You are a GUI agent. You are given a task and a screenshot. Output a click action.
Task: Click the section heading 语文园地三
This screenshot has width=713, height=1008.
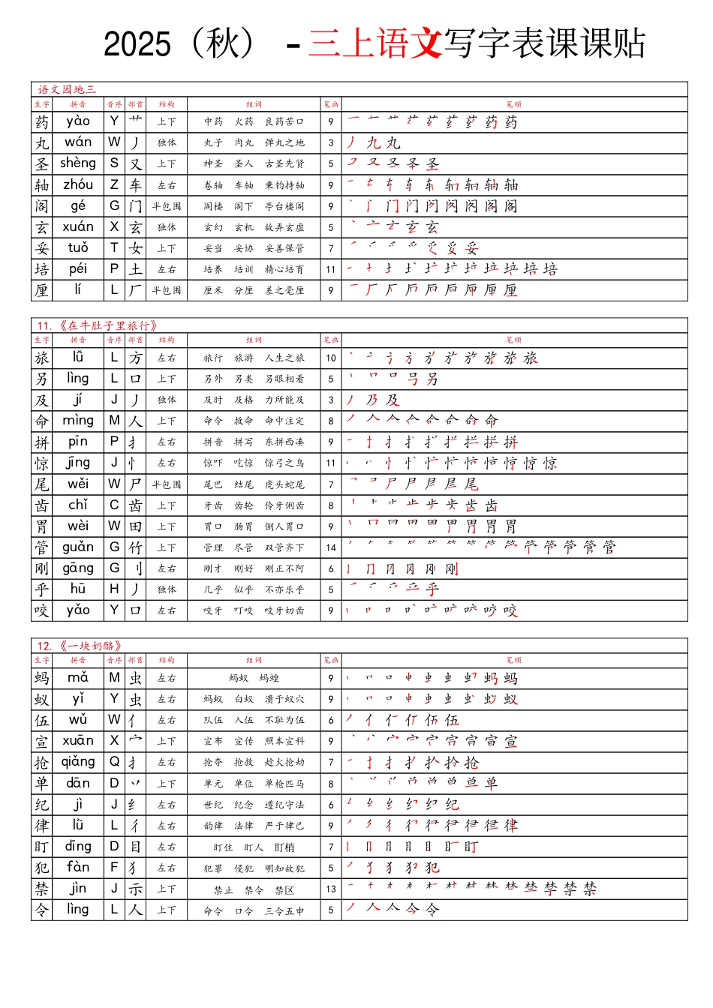67,89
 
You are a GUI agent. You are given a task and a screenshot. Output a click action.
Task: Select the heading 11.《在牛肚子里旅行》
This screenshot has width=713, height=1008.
98,325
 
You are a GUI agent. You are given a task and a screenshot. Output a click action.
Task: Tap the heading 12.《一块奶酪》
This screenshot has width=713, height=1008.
80,646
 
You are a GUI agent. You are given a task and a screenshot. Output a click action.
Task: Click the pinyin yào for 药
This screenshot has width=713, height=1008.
78,121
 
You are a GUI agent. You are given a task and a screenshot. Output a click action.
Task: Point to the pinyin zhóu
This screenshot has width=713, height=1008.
78,184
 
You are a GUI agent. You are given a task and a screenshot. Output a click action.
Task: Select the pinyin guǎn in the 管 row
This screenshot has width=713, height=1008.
78,547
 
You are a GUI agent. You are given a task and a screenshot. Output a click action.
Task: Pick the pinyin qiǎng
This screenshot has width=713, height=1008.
78,762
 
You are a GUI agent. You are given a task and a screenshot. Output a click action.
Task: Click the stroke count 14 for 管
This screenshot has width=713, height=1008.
331,547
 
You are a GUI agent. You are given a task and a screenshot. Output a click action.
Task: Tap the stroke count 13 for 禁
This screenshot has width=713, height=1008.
331,889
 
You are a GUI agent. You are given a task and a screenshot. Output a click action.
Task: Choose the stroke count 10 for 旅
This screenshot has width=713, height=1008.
331,358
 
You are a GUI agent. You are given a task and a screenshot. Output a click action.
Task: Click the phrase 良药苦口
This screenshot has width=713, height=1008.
284,121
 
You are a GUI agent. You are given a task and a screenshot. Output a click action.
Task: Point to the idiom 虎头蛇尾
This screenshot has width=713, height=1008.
284,484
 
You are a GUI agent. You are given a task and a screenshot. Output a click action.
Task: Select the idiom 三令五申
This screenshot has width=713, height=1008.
284,910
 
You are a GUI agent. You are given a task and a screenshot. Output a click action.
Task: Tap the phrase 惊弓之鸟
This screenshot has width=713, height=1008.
284,463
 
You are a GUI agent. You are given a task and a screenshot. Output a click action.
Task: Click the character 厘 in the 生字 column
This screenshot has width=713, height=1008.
42,290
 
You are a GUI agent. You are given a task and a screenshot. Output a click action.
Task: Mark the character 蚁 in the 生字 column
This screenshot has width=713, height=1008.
42,700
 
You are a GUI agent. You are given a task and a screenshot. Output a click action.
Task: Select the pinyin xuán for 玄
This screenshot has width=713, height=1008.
78,226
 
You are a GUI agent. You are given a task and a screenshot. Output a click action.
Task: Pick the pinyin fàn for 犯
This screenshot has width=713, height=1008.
78,868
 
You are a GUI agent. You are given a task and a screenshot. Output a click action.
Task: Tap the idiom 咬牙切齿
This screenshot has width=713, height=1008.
284,611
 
